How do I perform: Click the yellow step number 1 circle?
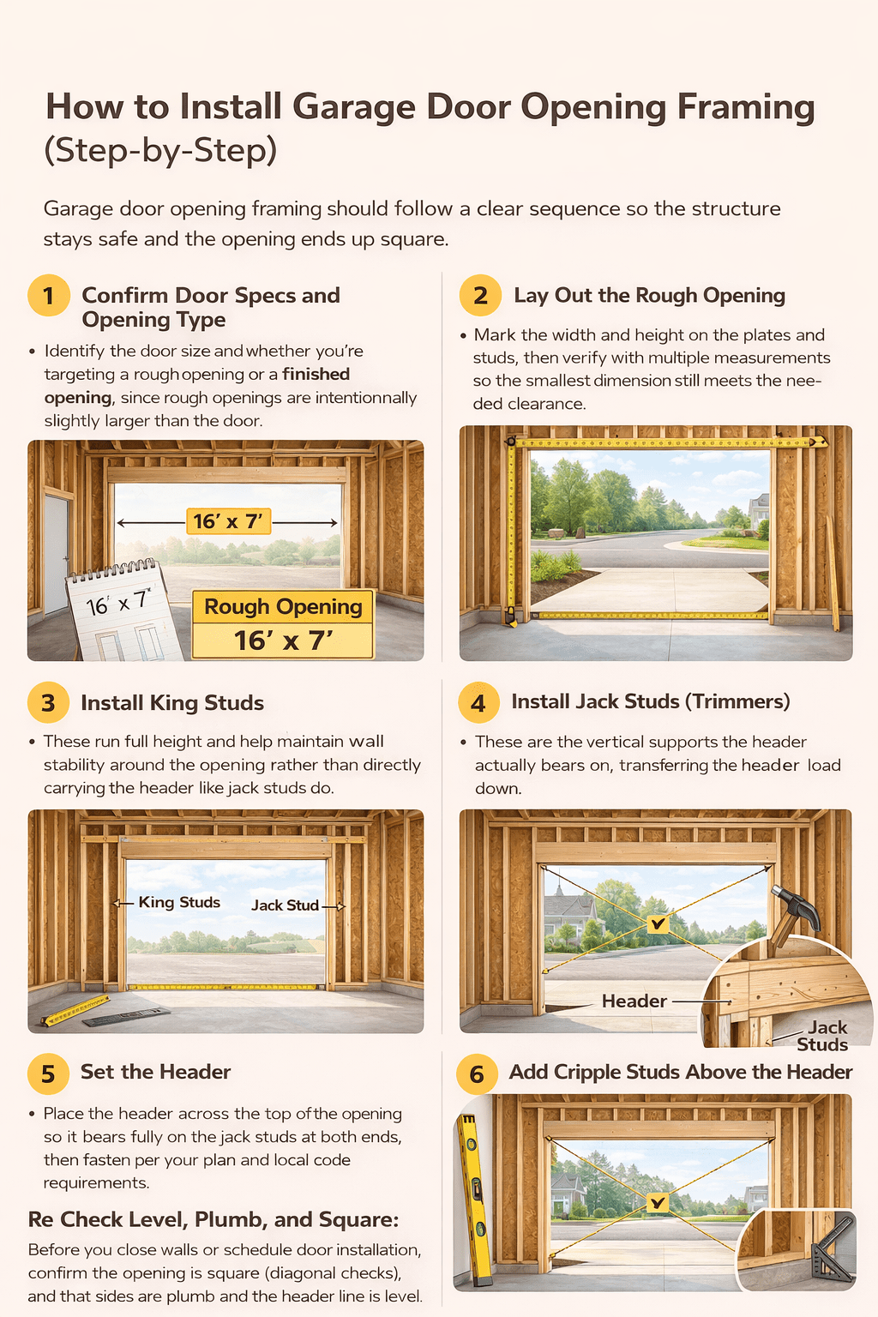(x=49, y=296)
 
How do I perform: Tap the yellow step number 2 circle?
(x=480, y=296)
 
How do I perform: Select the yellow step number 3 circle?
(x=49, y=703)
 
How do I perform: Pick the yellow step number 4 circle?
(x=478, y=703)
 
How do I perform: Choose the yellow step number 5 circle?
(x=48, y=1073)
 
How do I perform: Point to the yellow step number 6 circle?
(x=477, y=1073)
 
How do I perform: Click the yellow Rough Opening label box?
(x=283, y=623)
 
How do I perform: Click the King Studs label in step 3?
(x=179, y=902)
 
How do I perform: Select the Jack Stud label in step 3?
(x=285, y=905)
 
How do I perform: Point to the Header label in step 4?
(x=634, y=1001)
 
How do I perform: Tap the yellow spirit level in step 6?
(x=474, y=1200)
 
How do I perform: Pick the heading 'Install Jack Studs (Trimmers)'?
(x=651, y=701)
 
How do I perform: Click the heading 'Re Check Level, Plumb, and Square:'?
(x=213, y=1219)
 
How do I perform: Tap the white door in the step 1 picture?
(x=55, y=553)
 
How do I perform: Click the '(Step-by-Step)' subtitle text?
(x=160, y=150)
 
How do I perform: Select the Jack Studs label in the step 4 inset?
(x=824, y=1036)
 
